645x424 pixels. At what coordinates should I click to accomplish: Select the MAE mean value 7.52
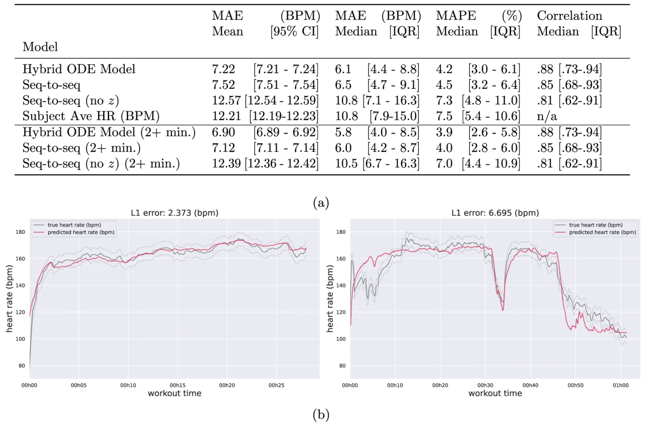tap(223, 85)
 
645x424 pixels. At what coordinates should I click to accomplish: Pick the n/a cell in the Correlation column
tap(547, 116)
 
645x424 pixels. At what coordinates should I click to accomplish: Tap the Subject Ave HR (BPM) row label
tap(91, 116)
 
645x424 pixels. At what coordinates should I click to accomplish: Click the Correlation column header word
tap(569, 16)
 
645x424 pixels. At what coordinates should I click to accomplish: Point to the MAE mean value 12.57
tap(226, 100)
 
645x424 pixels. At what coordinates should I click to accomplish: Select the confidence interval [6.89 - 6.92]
tap(286, 133)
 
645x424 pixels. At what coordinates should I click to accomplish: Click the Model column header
tap(40, 47)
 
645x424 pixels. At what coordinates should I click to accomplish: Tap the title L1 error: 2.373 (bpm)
tap(175, 213)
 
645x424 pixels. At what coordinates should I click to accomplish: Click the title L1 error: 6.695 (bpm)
tap(495, 213)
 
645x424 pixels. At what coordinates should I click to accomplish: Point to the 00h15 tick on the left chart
tap(178, 385)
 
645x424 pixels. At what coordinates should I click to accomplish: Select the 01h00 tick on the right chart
tap(621, 385)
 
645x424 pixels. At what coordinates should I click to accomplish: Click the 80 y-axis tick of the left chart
tap(22, 366)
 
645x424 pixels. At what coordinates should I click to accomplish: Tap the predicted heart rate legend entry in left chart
tap(81, 232)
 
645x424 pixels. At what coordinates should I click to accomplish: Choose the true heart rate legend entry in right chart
tap(596, 225)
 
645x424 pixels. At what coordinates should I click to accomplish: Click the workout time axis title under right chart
tap(495, 393)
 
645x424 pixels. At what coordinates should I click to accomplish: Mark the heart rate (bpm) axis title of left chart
tap(9, 299)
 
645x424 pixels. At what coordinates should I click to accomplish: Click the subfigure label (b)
tap(321, 415)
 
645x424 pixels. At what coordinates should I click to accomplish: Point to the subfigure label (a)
tap(321, 203)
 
